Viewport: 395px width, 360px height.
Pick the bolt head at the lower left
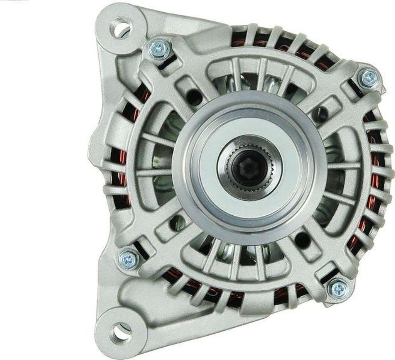click(x=128, y=259)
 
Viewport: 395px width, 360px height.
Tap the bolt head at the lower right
click(x=339, y=288)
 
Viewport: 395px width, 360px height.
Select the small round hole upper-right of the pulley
click(x=319, y=113)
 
